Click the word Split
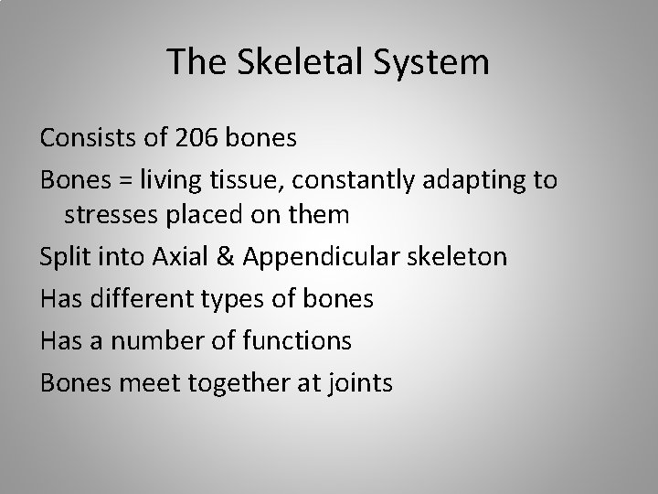(66, 257)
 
